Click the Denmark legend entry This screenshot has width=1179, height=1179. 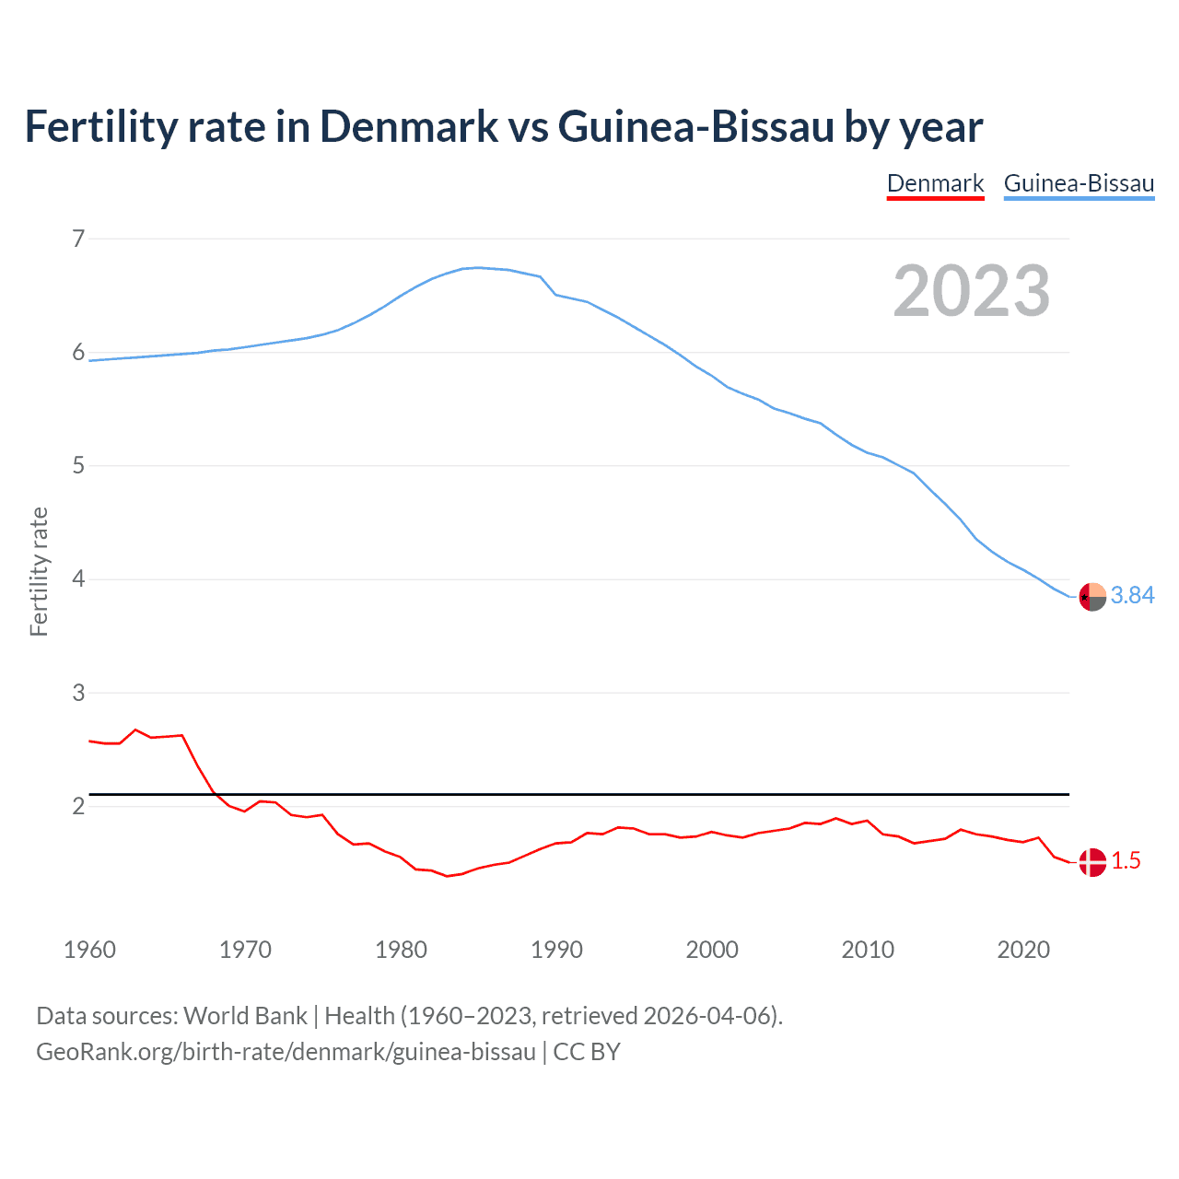click(x=935, y=183)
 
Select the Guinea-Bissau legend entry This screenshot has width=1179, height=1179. click(x=1079, y=183)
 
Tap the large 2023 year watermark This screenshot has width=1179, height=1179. click(x=971, y=291)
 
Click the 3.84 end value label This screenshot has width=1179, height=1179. click(x=1132, y=596)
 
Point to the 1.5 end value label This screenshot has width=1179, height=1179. click(x=1126, y=861)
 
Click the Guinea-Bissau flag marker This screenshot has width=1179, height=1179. click(x=1091, y=597)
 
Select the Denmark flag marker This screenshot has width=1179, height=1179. click(x=1091, y=862)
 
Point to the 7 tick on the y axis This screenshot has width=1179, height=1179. click(x=78, y=239)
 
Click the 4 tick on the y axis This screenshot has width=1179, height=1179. click(x=78, y=579)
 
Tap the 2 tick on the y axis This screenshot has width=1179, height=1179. click(x=78, y=806)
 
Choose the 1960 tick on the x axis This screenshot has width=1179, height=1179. click(x=89, y=950)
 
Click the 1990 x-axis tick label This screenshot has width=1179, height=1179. click(x=556, y=950)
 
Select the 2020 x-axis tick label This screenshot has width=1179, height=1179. click(x=1023, y=950)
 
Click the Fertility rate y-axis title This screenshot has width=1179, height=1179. click(x=39, y=571)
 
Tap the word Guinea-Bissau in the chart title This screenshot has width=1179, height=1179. click(x=695, y=127)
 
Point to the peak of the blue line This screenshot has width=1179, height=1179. click(x=477, y=267)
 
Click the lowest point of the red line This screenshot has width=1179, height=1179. click(x=447, y=876)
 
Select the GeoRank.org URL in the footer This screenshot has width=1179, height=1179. click(x=286, y=1052)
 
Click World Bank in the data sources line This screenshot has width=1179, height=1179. click(x=245, y=1016)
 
